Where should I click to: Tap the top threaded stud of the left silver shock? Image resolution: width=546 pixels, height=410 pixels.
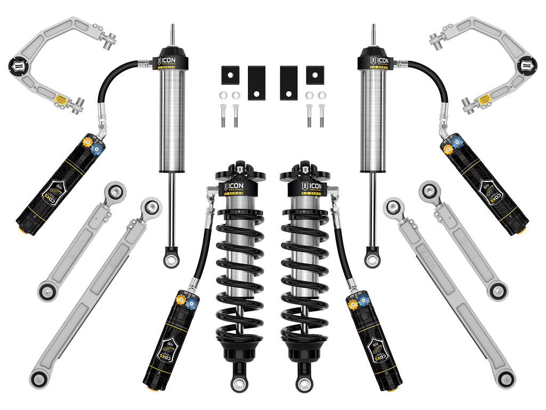[172, 33]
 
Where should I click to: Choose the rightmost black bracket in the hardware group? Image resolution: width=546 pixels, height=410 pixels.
[315, 75]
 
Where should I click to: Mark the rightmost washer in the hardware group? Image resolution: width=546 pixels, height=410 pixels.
[322, 96]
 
